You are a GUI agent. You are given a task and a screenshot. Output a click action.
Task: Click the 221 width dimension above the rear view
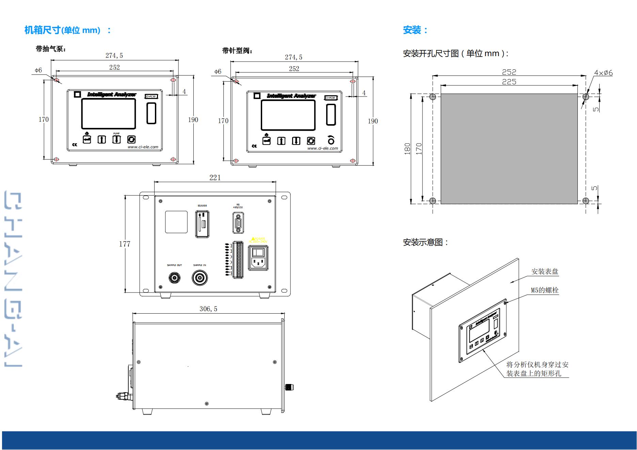pyautogui.click(x=215, y=178)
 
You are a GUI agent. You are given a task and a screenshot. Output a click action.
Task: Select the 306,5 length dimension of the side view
pyautogui.click(x=208, y=309)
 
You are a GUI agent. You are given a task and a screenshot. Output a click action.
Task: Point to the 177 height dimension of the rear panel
pyautogui.click(x=125, y=244)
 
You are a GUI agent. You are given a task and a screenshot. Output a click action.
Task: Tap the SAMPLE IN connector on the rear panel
pyautogui.click(x=200, y=278)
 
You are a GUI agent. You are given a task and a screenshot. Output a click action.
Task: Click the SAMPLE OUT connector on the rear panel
pyautogui.click(x=175, y=278)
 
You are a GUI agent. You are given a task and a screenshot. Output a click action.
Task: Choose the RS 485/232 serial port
pyautogui.click(x=238, y=223)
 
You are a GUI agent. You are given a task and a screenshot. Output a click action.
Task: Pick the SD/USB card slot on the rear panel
pyautogui.click(x=202, y=224)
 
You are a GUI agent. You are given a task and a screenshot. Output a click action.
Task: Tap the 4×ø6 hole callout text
pyautogui.click(x=603, y=73)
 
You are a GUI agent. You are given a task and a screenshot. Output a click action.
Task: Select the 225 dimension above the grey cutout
pyautogui.click(x=509, y=82)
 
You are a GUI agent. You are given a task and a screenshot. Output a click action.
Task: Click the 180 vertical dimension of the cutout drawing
pyautogui.click(x=408, y=149)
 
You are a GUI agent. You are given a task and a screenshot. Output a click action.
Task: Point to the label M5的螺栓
pyautogui.click(x=545, y=290)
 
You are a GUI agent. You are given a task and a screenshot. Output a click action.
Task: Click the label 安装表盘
pyautogui.click(x=545, y=271)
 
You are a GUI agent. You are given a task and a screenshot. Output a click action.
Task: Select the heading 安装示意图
pyautogui.click(x=426, y=242)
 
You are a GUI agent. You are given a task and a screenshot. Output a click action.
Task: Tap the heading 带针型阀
pyautogui.click(x=237, y=51)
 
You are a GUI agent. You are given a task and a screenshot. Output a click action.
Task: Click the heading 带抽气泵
pyautogui.click(x=51, y=49)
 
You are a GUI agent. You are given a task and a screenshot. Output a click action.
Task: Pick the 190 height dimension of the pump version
pyautogui.click(x=193, y=120)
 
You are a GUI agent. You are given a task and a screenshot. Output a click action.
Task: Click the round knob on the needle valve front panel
pyautogui.click(x=331, y=140)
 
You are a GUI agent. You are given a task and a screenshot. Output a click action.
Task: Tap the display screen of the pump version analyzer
pyautogui.click(x=108, y=114)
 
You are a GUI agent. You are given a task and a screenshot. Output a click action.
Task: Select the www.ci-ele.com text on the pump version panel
pyautogui.click(x=143, y=147)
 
